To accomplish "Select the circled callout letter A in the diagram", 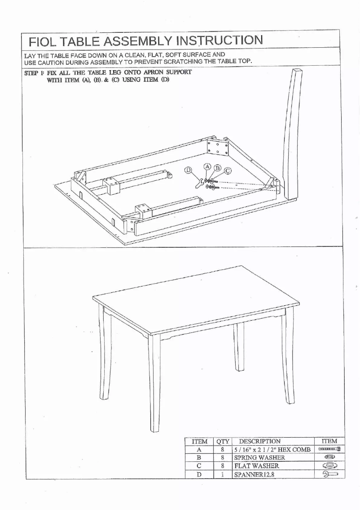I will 207,166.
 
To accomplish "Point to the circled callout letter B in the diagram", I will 218,168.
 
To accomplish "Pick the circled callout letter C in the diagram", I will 228,171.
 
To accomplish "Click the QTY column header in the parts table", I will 222,441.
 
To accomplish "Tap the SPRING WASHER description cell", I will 259,457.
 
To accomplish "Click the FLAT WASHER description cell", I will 256,465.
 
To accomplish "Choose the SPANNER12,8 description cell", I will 254,474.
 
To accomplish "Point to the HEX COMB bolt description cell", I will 271,449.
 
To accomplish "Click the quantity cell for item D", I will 222,474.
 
